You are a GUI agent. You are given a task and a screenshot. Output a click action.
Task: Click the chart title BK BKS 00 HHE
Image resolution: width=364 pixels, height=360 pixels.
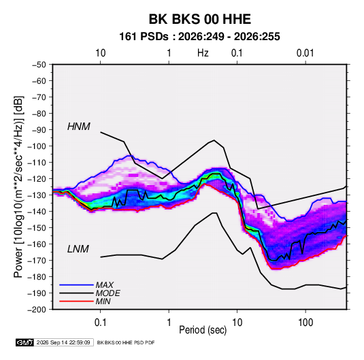coord(199,19)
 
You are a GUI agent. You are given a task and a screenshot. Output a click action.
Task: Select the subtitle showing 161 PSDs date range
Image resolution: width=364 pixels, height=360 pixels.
coord(199,37)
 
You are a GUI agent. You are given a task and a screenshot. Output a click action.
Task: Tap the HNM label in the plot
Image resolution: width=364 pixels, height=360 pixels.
coord(79,127)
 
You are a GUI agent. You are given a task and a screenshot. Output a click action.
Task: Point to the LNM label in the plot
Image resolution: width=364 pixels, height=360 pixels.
coord(78,249)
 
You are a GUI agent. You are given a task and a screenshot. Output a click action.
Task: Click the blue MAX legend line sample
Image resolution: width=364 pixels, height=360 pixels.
coord(76,284)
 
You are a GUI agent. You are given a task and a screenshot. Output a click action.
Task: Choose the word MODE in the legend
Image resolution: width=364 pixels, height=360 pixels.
coord(108,293)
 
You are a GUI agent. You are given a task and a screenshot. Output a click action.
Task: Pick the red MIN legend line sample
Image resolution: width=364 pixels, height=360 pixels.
coord(76,301)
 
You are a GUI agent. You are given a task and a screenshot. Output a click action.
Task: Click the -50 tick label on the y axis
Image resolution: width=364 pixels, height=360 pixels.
coord(39,65)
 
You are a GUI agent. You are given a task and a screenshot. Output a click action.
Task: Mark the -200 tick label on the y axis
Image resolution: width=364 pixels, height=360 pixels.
coord(37,310)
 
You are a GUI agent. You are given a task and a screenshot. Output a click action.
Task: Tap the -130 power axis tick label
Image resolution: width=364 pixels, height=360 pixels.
coord(37,195)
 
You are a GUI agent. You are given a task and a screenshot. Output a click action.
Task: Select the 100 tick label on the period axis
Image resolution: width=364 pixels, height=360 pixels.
coord(305,323)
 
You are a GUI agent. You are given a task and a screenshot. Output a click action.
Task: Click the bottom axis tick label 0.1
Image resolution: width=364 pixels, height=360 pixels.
coord(100,323)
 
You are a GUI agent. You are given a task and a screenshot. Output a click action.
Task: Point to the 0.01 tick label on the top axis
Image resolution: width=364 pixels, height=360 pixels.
coord(305,53)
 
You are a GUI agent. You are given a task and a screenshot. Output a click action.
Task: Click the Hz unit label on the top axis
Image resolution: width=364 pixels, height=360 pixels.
coord(203,53)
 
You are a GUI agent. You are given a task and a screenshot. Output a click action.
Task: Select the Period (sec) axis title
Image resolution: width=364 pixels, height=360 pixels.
coord(203,330)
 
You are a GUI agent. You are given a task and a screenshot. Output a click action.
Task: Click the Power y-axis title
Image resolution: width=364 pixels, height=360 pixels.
coord(18,187)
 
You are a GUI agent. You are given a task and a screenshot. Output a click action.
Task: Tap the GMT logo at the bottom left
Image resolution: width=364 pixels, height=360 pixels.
coord(25,342)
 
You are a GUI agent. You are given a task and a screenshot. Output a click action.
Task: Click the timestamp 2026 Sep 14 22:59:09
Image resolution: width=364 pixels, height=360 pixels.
coord(63,342)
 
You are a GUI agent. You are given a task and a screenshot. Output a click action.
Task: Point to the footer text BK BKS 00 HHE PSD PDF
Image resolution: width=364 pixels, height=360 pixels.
coord(126,342)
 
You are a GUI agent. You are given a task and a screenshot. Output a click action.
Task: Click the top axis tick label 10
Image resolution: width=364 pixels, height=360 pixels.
coord(101,53)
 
